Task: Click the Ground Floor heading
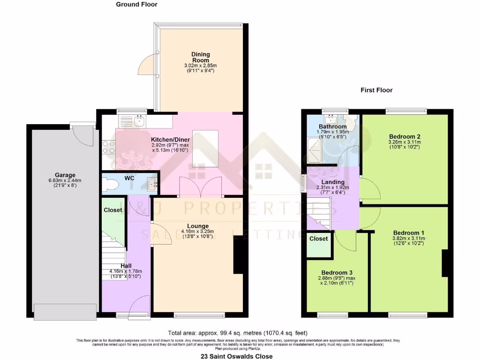click(x=136, y=5)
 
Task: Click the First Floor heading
click(x=376, y=90)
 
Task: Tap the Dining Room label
click(x=200, y=57)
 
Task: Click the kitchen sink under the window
click(x=139, y=121)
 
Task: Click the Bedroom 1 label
click(x=408, y=233)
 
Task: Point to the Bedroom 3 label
click(x=337, y=272)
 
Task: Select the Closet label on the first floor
click(x=319, y=239)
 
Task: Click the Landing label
click(x=333, y=182)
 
